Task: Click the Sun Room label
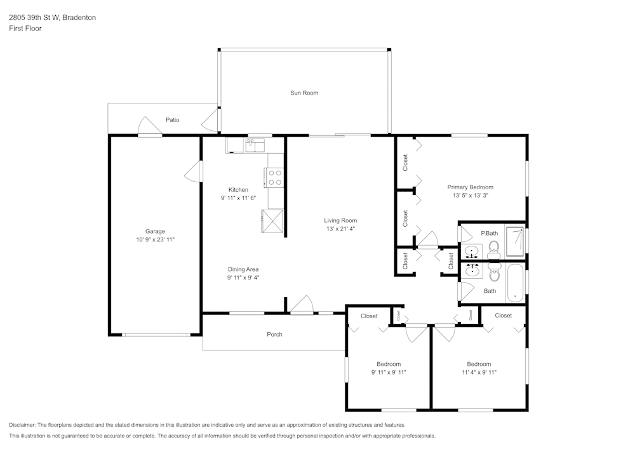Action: coord(304,93)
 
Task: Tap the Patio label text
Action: coord(172,120)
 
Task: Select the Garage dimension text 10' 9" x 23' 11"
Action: coord(155,240)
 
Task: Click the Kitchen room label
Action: coord(238,190)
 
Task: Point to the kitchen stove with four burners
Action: coord(275,177)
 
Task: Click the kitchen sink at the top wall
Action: coord(256,145)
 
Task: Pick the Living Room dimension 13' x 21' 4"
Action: coord(340,229)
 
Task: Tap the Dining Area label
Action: coord(243,269)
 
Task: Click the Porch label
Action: coord(274,335)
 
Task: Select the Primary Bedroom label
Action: coord(470,187)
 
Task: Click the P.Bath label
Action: coord(488,233)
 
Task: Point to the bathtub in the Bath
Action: coord(515,283)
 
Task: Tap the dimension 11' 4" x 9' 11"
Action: coord(479,372)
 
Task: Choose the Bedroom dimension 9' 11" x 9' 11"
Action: coord(389,372)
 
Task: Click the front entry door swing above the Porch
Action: coord(302,305)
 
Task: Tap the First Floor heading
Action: coord(25,29)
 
